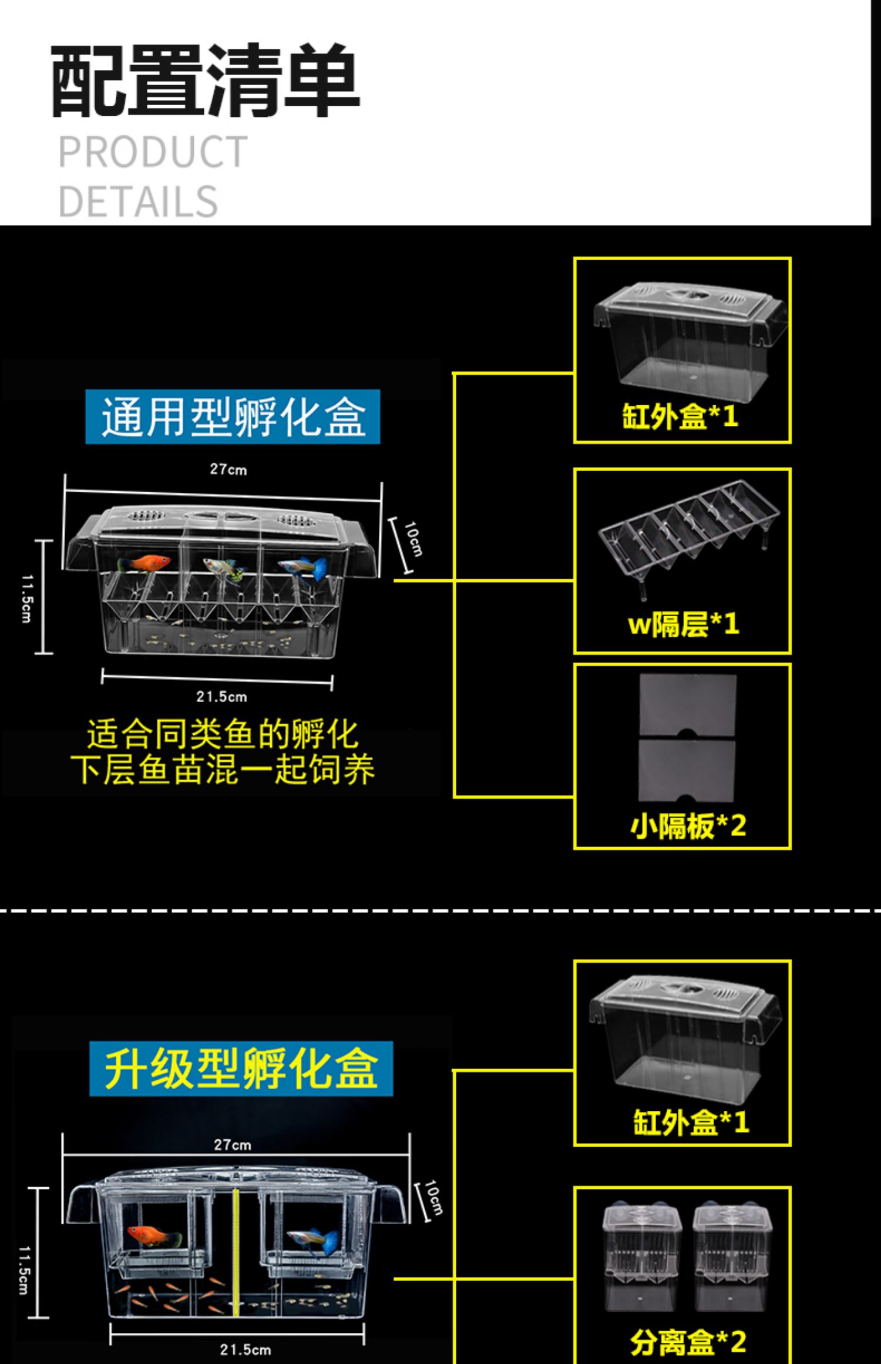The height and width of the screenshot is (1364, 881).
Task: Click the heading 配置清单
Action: pyautogui.click(x=205, y=80)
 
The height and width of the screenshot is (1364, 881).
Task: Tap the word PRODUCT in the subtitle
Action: pyautogui.click(x=153, y=152)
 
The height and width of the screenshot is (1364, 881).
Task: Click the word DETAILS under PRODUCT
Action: pyautogui.click(x=138, y=201)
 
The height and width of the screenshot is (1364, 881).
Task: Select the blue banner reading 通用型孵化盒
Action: pyautogui.click(x=233, y=416)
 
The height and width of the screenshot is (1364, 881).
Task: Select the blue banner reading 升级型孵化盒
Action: pyautogui.click(x=241, y=1069)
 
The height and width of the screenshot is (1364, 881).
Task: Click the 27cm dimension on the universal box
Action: pyautogui.click(x=228, y=469)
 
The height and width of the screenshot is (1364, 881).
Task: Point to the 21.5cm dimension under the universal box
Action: pyautogui.click(x=221, y=697)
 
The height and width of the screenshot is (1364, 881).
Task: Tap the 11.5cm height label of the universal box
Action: pyautogui.click(x=27, y=598)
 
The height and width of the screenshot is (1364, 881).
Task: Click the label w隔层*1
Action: pyautogui.click(x=683, y=624)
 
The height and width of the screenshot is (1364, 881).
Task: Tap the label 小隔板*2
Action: pyautogui.click(x=688, y=825)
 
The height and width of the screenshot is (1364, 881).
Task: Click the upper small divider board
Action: pyautogui.click(x=687, y=704)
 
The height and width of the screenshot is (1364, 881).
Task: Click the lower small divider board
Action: pyautogui.click(x=687, y=770)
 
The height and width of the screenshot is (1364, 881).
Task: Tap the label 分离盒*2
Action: pyautogui.click(x=688, y=1342)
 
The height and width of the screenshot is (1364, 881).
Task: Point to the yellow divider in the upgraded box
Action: pyautogui.click(x=236, y=1251)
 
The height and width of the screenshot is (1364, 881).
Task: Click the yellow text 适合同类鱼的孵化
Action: pyautogui.click(x=222, y=734)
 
